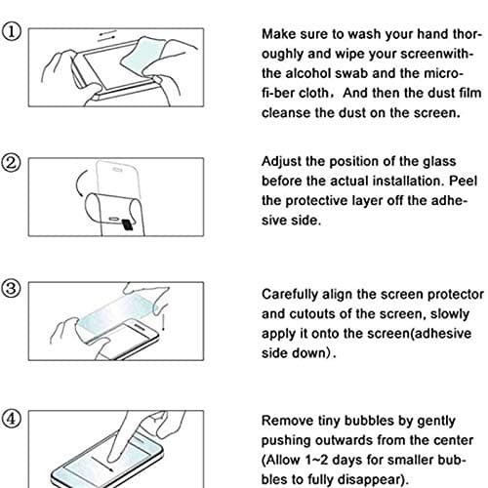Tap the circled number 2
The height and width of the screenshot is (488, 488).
pyautogui.click(x=12, y=161)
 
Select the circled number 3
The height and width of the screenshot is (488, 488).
pyautogui.click(x=12, y=289)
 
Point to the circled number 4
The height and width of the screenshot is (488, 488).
pyautogui.click(x=12, y=417)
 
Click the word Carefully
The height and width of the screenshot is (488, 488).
pyautogui.click(x=297, y=294)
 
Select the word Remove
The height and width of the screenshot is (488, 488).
pyautogui.click(x=290, y=419)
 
